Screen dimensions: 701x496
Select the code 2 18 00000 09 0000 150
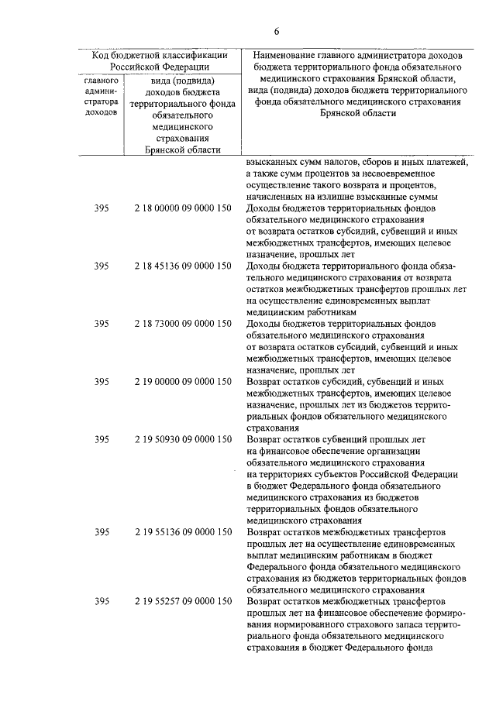click(x=182, y=209)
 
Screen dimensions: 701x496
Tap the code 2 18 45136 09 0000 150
click(x=182, y=266)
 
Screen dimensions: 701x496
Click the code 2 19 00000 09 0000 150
click(x=182, y=381)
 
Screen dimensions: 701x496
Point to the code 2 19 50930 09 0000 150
click(x=182, y=439)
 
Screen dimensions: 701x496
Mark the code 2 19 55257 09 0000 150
click(x=182, y=601)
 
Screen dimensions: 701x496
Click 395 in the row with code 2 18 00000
click(x=101, y=209)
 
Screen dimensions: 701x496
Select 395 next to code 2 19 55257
click(x=101, y=601)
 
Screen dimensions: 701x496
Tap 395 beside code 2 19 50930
click(x=101, y=439)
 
